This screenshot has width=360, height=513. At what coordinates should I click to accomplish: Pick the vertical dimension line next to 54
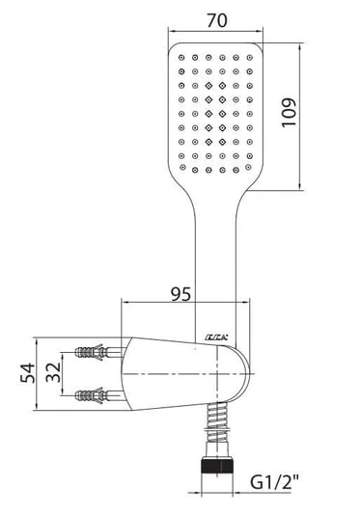45,374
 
